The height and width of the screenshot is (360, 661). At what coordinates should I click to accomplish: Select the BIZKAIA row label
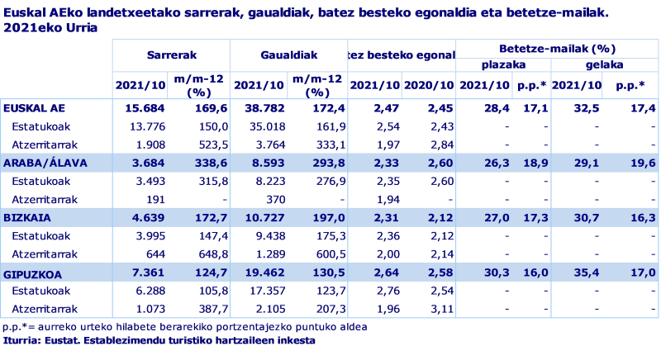[26, 216]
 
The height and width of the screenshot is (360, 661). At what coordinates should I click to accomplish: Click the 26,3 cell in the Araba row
[496, 163]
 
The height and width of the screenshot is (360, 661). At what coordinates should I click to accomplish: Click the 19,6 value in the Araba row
[642, 163]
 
